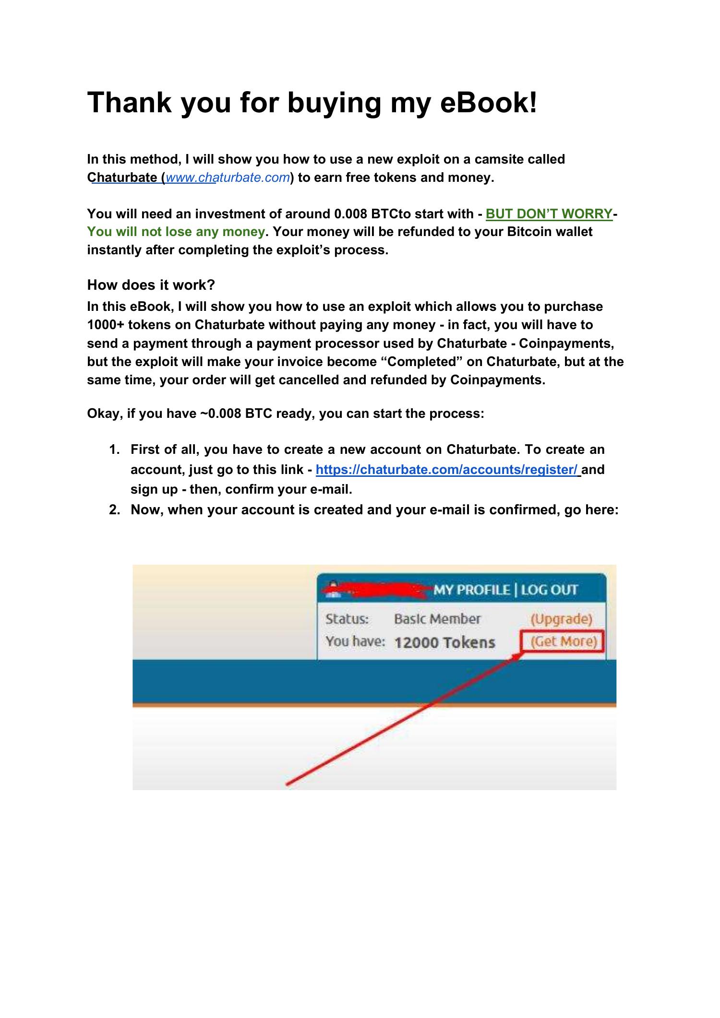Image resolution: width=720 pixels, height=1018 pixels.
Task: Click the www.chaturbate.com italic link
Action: tap(228, 178)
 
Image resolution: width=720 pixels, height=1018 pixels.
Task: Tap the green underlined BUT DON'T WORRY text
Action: tap(549, 213)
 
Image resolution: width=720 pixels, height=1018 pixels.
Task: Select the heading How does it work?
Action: tap(151, 285)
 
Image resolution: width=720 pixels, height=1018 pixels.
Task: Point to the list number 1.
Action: tap(114, 450)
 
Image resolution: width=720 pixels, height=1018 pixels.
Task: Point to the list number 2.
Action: tap(114, 509)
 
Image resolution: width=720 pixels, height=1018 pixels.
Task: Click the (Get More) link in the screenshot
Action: tap(564, 641)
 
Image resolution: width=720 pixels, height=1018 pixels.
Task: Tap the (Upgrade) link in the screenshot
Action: tap(561, 618)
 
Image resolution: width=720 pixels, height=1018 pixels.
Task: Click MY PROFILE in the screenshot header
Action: tap(471, 589)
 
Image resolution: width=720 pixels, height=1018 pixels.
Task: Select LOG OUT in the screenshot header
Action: tap(549, 589)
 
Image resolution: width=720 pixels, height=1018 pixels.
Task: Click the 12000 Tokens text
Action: tap(444, 642)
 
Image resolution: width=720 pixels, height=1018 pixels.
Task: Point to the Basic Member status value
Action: tap(437, 618)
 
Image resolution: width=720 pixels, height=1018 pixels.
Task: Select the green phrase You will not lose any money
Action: tap(176, 232)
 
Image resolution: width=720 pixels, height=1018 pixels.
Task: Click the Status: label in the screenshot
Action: tap(347, 618)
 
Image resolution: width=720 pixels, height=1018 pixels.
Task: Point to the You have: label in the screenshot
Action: tap(355, 641)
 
